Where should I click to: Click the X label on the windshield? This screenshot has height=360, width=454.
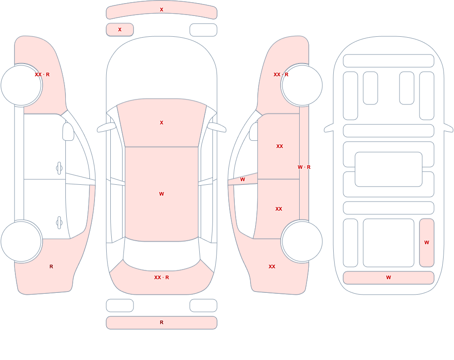162,123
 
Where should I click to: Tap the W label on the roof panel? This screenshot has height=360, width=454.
162,194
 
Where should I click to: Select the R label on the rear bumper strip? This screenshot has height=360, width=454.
162,322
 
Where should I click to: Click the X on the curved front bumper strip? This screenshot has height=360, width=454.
162,10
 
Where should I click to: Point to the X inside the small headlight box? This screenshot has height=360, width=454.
120,30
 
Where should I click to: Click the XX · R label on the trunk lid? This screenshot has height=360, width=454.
162,277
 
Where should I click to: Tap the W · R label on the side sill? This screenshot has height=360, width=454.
304,167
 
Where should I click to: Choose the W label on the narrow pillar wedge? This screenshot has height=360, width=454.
242,180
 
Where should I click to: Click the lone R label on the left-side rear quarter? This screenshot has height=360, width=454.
51,266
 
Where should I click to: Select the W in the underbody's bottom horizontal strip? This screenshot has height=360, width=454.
389,277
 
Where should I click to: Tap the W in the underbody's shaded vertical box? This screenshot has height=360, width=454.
427,242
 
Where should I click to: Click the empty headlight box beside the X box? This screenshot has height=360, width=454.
203,30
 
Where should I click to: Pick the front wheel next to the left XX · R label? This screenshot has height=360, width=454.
21,85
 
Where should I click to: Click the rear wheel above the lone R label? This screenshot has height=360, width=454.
21,241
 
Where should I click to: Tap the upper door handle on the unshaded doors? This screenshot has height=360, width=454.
59,168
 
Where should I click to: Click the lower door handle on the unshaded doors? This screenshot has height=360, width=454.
59,223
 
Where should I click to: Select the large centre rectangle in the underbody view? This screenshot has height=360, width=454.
389,169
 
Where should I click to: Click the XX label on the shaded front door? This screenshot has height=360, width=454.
280,146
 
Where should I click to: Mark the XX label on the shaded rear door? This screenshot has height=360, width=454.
279,209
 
